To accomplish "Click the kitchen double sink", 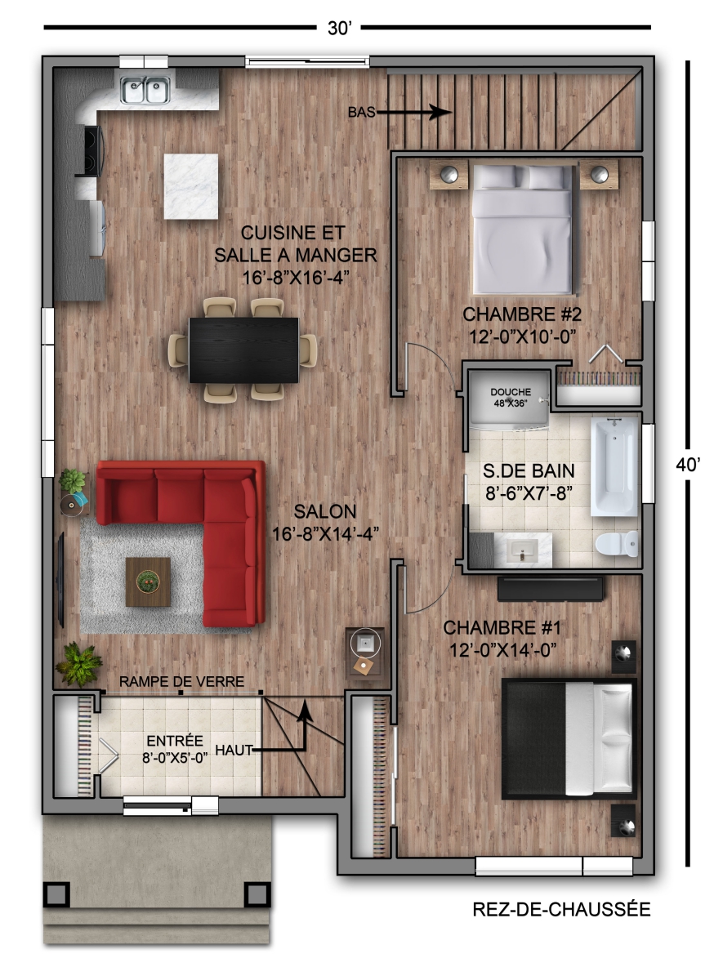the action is pos(145,90).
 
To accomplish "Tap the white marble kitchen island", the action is pos(191,186).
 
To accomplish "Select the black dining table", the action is pos(243,350).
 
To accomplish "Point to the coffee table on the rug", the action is pos(148,582).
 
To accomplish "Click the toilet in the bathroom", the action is pos(617,543).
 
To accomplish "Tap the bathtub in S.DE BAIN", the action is pos(614,466).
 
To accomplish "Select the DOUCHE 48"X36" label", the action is pos(511,397).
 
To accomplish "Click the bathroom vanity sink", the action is pos(523,549).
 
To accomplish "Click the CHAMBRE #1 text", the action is pos(502,628).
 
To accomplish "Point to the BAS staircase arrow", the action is pos(413,112).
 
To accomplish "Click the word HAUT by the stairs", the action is pos(234,750).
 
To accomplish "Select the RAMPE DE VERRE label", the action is pos(181,681).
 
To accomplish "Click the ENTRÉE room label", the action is pos(175,741).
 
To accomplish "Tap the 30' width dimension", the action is pos(339,29).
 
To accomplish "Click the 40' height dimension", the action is pos(688,465).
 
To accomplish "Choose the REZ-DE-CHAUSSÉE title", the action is pos(561,909).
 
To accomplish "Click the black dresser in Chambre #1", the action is pos(551,589).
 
